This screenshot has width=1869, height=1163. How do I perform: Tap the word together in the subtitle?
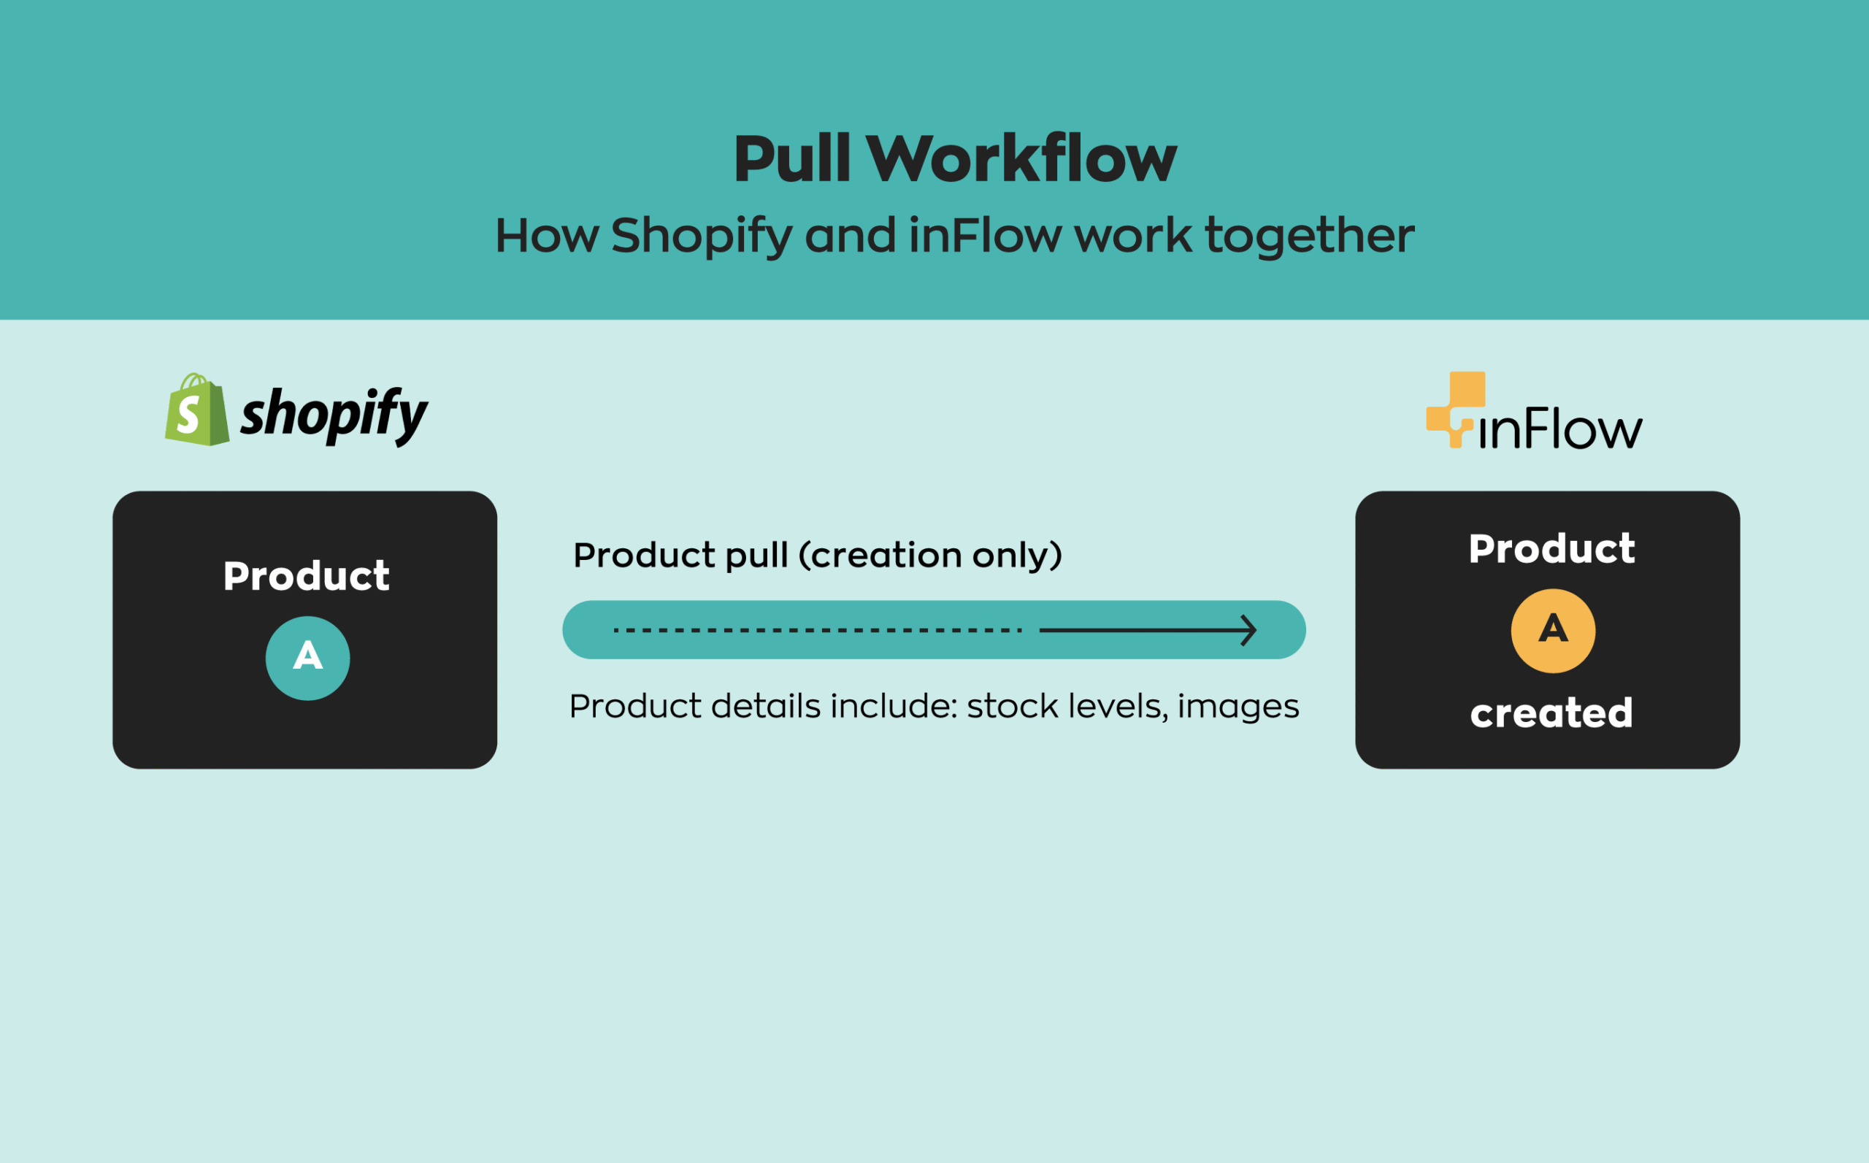point(1309,235)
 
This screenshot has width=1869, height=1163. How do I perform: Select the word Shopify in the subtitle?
point(701,235)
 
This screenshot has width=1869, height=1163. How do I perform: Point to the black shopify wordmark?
point(334,415)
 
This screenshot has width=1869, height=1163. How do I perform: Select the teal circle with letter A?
point(307,658)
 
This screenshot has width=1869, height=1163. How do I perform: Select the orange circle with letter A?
point(1553,631)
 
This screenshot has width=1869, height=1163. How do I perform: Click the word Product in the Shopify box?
point(306,576)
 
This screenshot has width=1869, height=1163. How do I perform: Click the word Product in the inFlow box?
point(1551,549)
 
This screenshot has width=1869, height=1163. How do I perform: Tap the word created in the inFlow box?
point(1551,713)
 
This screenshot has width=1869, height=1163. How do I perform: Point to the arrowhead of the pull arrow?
point(1249,630)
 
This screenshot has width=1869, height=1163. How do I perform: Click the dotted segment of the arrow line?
point(817,630)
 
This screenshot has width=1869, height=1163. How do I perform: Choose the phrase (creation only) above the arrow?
point(931,556)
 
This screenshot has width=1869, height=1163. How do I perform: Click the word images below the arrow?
point(1237,706)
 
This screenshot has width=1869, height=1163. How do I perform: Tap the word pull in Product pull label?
point(757,556)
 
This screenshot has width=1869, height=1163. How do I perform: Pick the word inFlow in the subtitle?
point(984,235)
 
